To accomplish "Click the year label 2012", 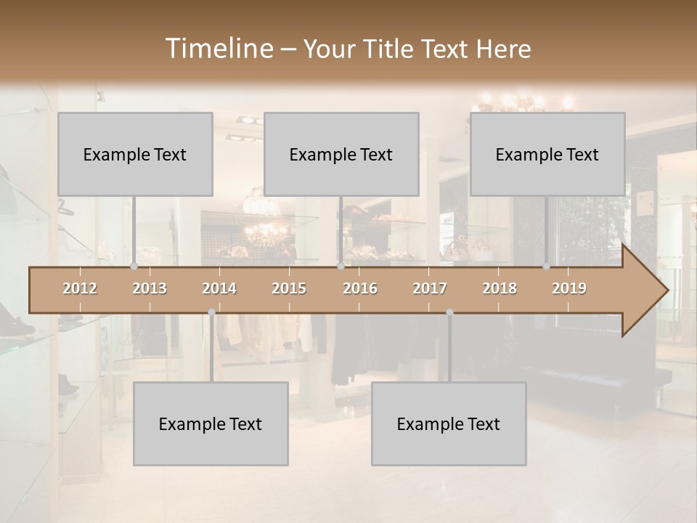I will pyautogui.click(x=80, y=288).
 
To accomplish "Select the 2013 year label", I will pyautogui.click(x=150, y=288).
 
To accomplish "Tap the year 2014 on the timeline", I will pyautogui.click(x=219, y=288).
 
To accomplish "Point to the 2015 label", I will pyautogui.click(x=289, y=288).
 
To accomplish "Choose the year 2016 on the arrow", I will pyautogui.click(x=360, y=288).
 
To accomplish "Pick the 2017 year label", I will pyautogui.click(x=430, y=288).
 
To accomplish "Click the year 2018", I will pyautogui.click(x=500, y=288).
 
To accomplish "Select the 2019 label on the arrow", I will pyautogui.click(x=569, y=288).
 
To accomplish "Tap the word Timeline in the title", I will pyautogui.click(x=219, y=49).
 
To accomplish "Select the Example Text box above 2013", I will pyautogui.click(x=135, y=154).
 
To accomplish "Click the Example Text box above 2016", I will pyautogui.click(x=341, y=154).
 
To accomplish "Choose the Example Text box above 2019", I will pyautogui.click(x=547, y=154).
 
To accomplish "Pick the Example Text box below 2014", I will pyautogui.click(x=211, y=423).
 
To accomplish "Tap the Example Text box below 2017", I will pyautogui.click(x=449, y=423).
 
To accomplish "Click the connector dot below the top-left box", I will pyautogui.click(x=134, y=267).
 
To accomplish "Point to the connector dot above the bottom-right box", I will pyautogui.click(x=449, y=312).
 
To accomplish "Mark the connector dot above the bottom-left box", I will pyautogui.click(x=211, y=312).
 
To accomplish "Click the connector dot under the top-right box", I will pyautogui.click(x=546, y=267).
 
